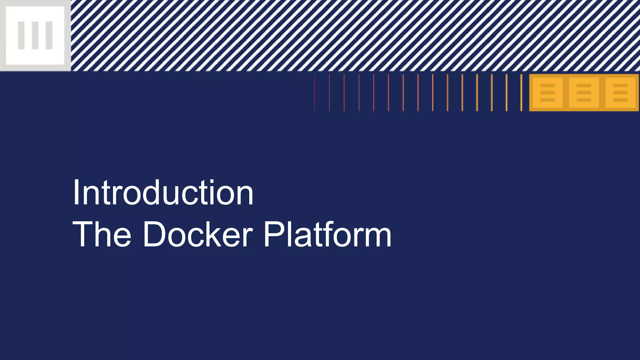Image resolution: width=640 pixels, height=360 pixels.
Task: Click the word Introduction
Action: [163, 193]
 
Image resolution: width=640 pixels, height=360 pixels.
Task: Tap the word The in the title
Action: [102, 234]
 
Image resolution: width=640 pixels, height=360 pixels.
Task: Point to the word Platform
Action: [327, 234]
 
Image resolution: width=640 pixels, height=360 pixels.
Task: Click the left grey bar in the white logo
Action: [21, 35]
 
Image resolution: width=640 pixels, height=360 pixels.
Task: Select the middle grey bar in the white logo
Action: [35, 35]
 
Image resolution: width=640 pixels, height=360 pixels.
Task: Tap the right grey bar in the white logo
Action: [49, 35]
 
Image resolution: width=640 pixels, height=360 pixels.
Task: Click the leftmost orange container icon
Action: [547, 92]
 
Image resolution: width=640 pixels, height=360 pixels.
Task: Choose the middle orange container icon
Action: [584, 92]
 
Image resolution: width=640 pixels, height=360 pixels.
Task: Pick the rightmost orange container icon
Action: [620, 92]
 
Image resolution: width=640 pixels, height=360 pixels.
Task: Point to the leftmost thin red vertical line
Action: [315, 92]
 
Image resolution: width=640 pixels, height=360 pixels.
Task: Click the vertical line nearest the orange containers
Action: [521, 92]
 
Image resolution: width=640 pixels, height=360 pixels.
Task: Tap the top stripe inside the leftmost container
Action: [547, 86]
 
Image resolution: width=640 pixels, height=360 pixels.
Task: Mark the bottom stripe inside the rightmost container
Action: [620, 100]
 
